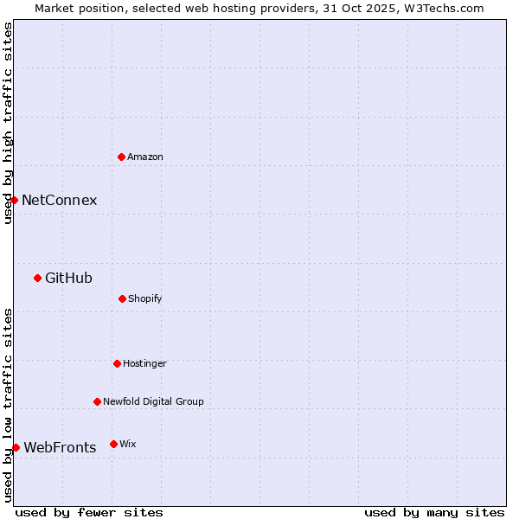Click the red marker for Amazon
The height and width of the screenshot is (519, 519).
(121, 157)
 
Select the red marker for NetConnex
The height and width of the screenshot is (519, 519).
(14, 200)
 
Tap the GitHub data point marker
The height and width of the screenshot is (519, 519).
(37, 278)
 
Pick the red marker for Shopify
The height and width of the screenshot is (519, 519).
(122, 298)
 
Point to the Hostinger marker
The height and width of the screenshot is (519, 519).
(117, 363)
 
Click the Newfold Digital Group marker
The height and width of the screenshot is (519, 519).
(97, 401)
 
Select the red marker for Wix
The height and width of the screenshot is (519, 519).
(113, 444)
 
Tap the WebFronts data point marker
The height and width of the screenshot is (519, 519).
(16, 447)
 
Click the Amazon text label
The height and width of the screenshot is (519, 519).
(145, 157)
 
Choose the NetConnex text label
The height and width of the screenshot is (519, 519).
(59, 200)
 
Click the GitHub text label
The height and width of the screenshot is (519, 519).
(68, 278)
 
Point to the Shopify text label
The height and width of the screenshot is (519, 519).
(145, 298)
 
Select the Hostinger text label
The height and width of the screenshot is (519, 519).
(144, 363)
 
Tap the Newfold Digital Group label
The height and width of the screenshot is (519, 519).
(154, 401)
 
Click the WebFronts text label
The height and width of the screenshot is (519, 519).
(60, 447)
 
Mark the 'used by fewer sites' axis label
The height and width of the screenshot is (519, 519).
(89, 512)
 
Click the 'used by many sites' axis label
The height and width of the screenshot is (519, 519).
(434, 512)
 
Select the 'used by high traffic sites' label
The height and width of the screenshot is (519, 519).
(8, 123)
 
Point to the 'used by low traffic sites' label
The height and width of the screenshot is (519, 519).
(8, 405)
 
